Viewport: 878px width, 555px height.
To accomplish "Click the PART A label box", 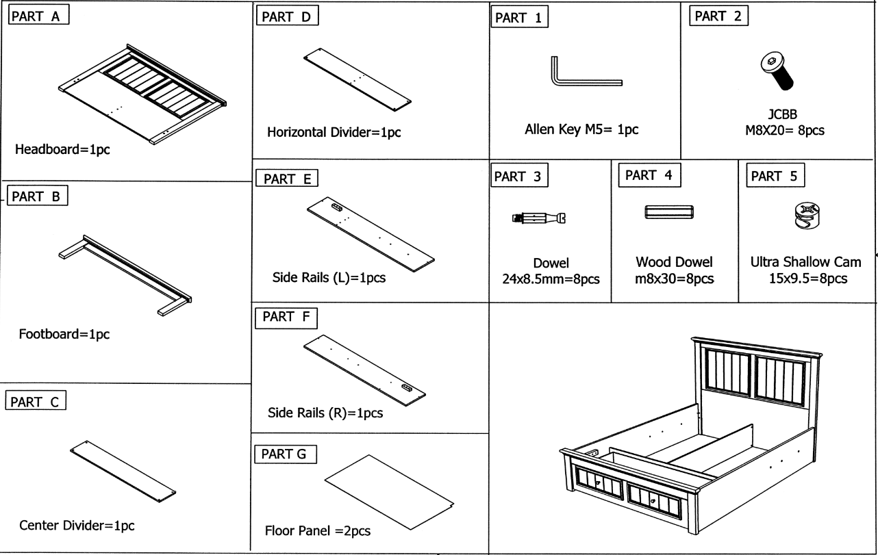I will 38,16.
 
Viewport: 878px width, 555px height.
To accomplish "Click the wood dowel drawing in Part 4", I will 669,212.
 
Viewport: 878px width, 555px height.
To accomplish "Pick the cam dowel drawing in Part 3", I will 540,218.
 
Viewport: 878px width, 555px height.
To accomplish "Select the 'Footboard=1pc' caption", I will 64,335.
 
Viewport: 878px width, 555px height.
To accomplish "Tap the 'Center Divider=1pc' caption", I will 77,526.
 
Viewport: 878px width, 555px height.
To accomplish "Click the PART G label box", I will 286,454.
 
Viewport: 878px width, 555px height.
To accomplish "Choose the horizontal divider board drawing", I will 357,79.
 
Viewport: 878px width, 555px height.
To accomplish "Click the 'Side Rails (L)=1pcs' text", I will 325,279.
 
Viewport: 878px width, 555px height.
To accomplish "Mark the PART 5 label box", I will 775,176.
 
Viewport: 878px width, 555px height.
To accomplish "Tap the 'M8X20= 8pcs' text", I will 785,130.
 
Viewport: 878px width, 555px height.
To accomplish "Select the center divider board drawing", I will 123,470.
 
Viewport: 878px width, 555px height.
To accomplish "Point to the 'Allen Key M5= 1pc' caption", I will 581,129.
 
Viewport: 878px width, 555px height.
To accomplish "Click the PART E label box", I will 288,179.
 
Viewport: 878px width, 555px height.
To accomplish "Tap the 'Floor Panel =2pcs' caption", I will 318,531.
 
